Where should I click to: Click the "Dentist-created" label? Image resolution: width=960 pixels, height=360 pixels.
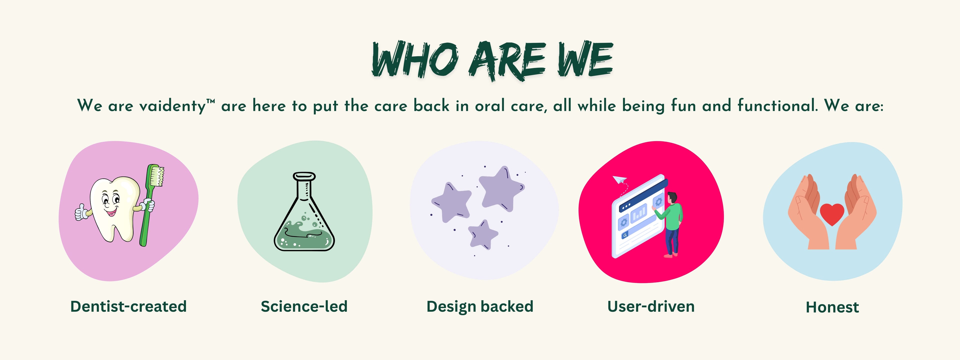point(128,306)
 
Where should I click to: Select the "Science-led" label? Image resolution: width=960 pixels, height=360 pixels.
point(304,306)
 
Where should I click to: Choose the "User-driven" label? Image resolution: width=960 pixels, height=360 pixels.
point(651,306)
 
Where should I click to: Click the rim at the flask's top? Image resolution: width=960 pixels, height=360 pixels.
point(304,176)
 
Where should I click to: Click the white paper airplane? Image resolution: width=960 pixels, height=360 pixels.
point(619,180)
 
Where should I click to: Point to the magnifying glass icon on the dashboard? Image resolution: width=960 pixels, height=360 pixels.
point(624,235)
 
